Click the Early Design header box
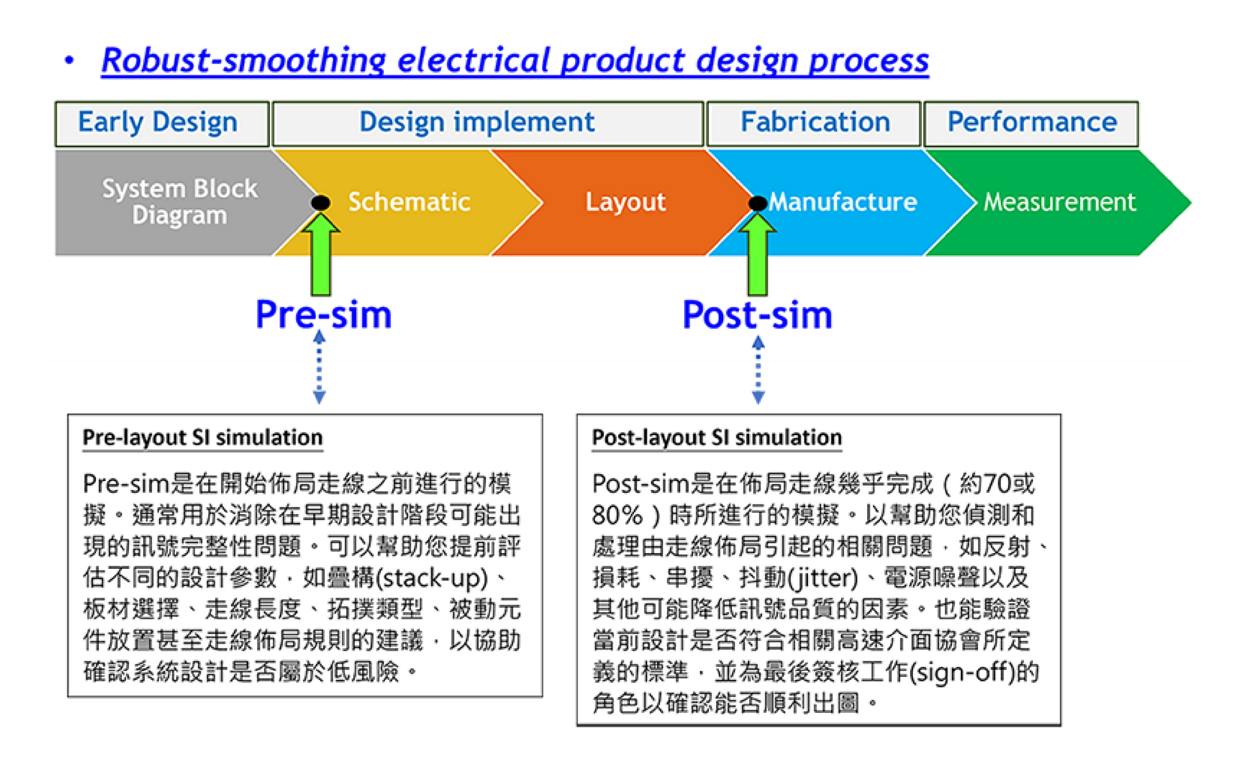click(162, 123)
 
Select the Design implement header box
click(488, 123)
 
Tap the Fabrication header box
click(814, 123)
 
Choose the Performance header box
click(1031, 123)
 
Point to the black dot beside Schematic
click(321, 203)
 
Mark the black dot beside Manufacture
click(757, 203)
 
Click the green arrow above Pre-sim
click(321, 254)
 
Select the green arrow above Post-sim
click(757, 254)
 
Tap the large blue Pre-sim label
click(323, 315)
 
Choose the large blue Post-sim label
click(757, 315)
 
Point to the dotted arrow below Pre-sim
click(319, 367)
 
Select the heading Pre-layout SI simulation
click(202, 438)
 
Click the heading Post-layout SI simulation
click(717, 438)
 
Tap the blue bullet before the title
click(69, 60)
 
